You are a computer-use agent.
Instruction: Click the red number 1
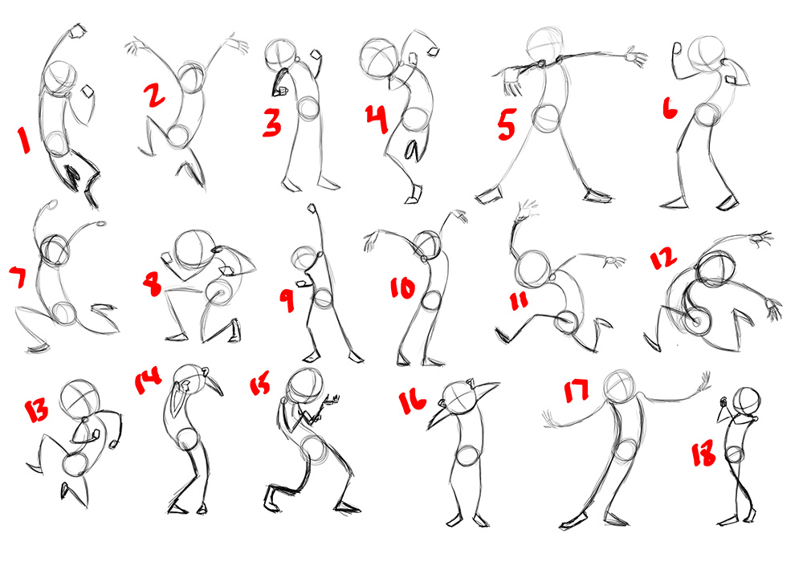pos(23,140)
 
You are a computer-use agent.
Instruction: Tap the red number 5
pos(507,124)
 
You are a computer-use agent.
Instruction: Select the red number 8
pos(152,283)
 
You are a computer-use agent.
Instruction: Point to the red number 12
pos(663,259)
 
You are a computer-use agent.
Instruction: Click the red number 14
pos(148,381)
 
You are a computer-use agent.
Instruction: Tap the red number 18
pos(703,454)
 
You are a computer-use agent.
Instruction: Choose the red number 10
pos(402,288)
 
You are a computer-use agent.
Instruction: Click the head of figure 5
pos(546,45)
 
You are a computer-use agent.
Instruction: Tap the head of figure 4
pos(380,58)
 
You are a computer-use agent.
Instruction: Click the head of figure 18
pos(748,401)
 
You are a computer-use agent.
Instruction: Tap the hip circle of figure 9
pos(324,299)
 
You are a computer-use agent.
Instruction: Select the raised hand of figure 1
pos(79,32)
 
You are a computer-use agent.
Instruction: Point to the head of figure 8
pos(194,249)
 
